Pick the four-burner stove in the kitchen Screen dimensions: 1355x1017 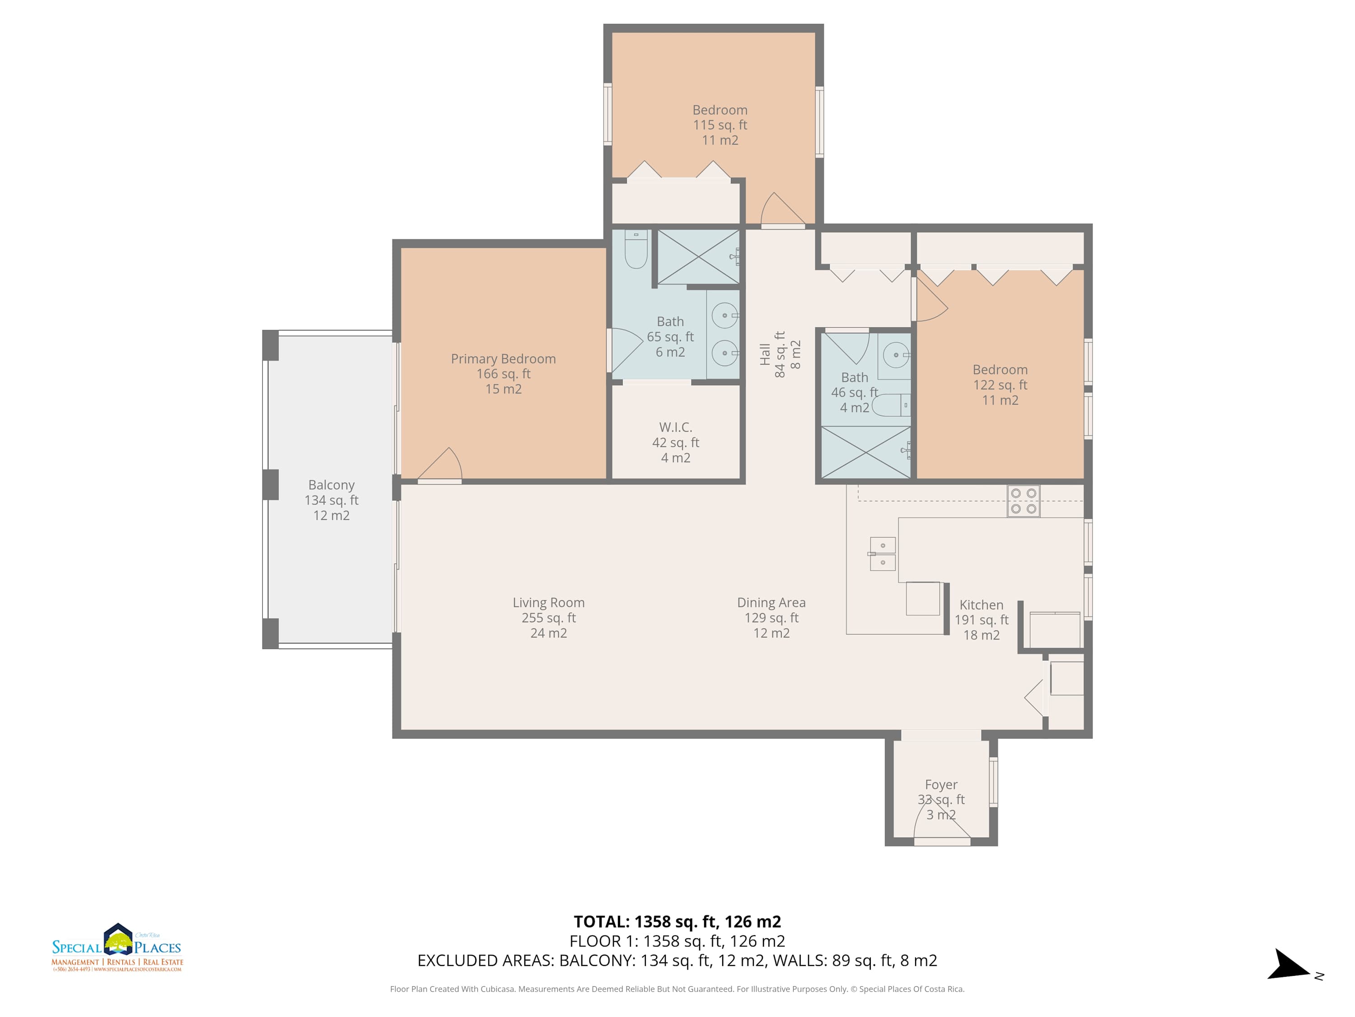(x=1023, y=501)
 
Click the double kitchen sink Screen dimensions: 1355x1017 (x=883, y=554)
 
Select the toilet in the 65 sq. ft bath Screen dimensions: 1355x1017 (x=636, y=250)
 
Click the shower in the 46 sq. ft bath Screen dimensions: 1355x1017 (x=865, y=452)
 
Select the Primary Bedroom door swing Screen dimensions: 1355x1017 (x=440, y=464)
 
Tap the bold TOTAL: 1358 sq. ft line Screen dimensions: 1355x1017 (x=677, y=921)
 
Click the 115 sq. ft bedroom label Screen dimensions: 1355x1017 (x=720, y=125)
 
